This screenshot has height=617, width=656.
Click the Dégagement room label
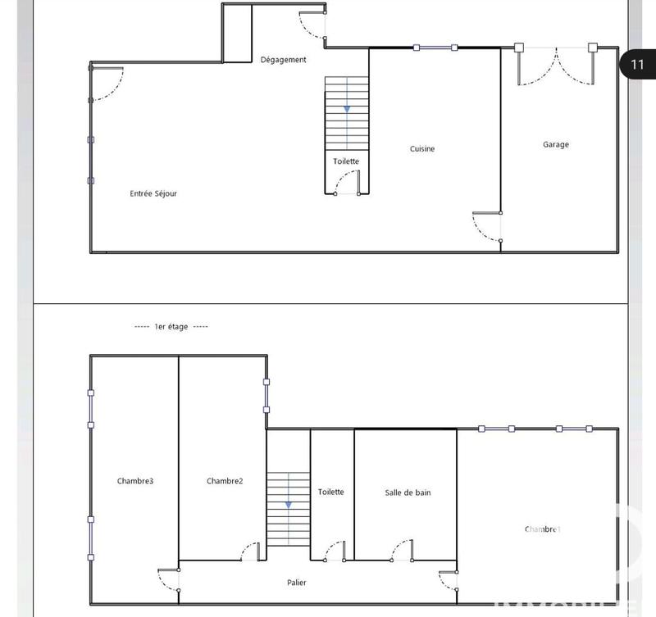pyautogui.click(x=284, y=60)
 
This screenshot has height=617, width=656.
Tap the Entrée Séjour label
pyautogui.click(x=153, y=194)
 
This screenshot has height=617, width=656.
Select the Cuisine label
pyautogui.click(x=422, y=149)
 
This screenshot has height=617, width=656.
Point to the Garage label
pyautogui.click(x=555, y=145)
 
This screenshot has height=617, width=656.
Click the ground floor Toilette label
pyautogui.click(x=346, y=161)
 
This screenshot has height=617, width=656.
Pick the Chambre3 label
pyautogui.click(x=135, y=482)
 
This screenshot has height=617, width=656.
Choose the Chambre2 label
pyautogui.click(x=225, y=482)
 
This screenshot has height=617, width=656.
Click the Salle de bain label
pyautogui.click(x=408, y=492)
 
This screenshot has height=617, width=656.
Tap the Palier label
pyautogui.click(x=297, y=583)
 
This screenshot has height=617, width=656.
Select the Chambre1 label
pyautogui.click(x=543, y=529)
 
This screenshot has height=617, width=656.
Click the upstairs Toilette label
pyautogui.click(x=331, y=492)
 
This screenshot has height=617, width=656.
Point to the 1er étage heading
pyautogui.click(x=171, y=327)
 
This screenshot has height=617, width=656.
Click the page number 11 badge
pyautogui.click(x=637, y=65)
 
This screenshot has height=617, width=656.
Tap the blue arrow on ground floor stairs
pyautogui.click(x=347, y=108)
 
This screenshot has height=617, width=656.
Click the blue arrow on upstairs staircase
pyautogui.click(x=288, y=506)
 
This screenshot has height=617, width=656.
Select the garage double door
pyautogui.click(x=556, y=66)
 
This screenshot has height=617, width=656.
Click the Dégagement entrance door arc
pyautogui.click(x=313, y=26)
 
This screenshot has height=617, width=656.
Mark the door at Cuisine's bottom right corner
pyautogui.click(x=487, y=227)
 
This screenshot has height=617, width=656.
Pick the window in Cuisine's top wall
pyautogui.click(x=435, y=48)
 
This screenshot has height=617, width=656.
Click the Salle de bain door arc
pyautogui.click(x=401, y=551)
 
